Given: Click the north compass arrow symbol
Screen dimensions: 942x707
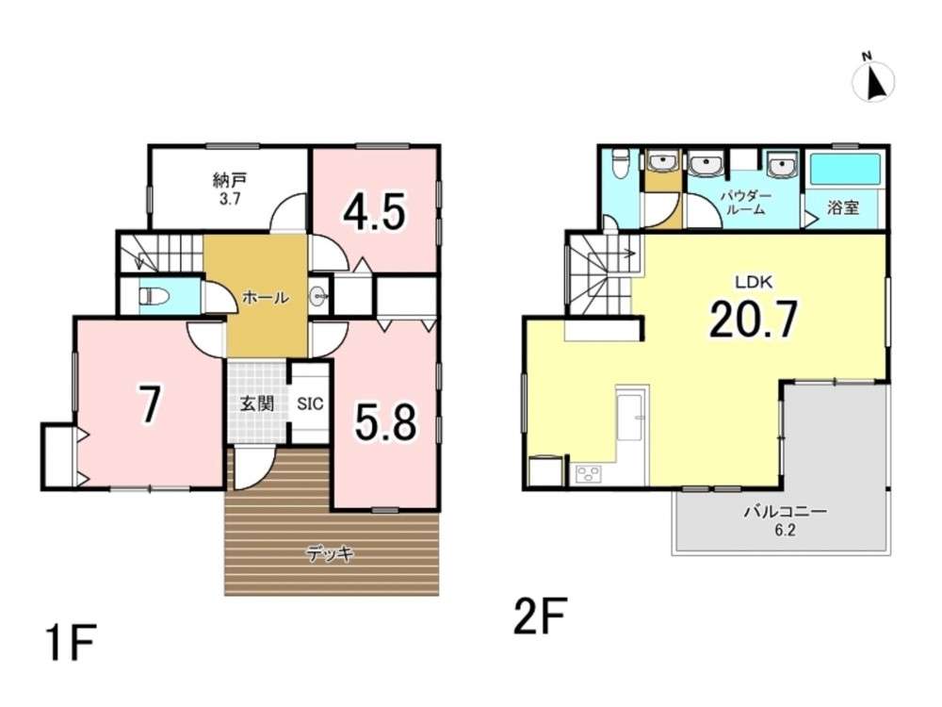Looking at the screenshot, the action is pos(874,80).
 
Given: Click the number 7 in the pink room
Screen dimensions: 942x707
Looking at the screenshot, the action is pos(149,404).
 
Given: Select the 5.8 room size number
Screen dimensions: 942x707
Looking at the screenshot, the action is pos(385,422).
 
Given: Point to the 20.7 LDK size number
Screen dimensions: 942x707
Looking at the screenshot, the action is pos(754,320).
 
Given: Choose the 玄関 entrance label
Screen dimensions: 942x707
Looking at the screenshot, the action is pos(257,403).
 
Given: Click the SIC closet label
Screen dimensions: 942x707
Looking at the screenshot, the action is pos(310,403).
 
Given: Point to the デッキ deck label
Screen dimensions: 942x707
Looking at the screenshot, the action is pos(331,553).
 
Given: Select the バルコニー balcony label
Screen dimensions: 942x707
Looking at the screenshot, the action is pos(786,512).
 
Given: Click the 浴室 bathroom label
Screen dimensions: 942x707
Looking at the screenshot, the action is pos(843,208).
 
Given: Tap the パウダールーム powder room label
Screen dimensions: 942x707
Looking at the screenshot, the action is pos(745,203).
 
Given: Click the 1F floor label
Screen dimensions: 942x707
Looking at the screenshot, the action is pos(71,642).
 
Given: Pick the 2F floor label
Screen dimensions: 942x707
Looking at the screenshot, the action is pos(540,615).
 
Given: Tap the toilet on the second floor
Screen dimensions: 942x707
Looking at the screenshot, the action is pos(620,163).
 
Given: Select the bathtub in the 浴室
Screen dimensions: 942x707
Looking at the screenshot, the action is pos(845,169).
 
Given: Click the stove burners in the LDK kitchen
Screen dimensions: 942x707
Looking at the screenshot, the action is pos(586,474).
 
